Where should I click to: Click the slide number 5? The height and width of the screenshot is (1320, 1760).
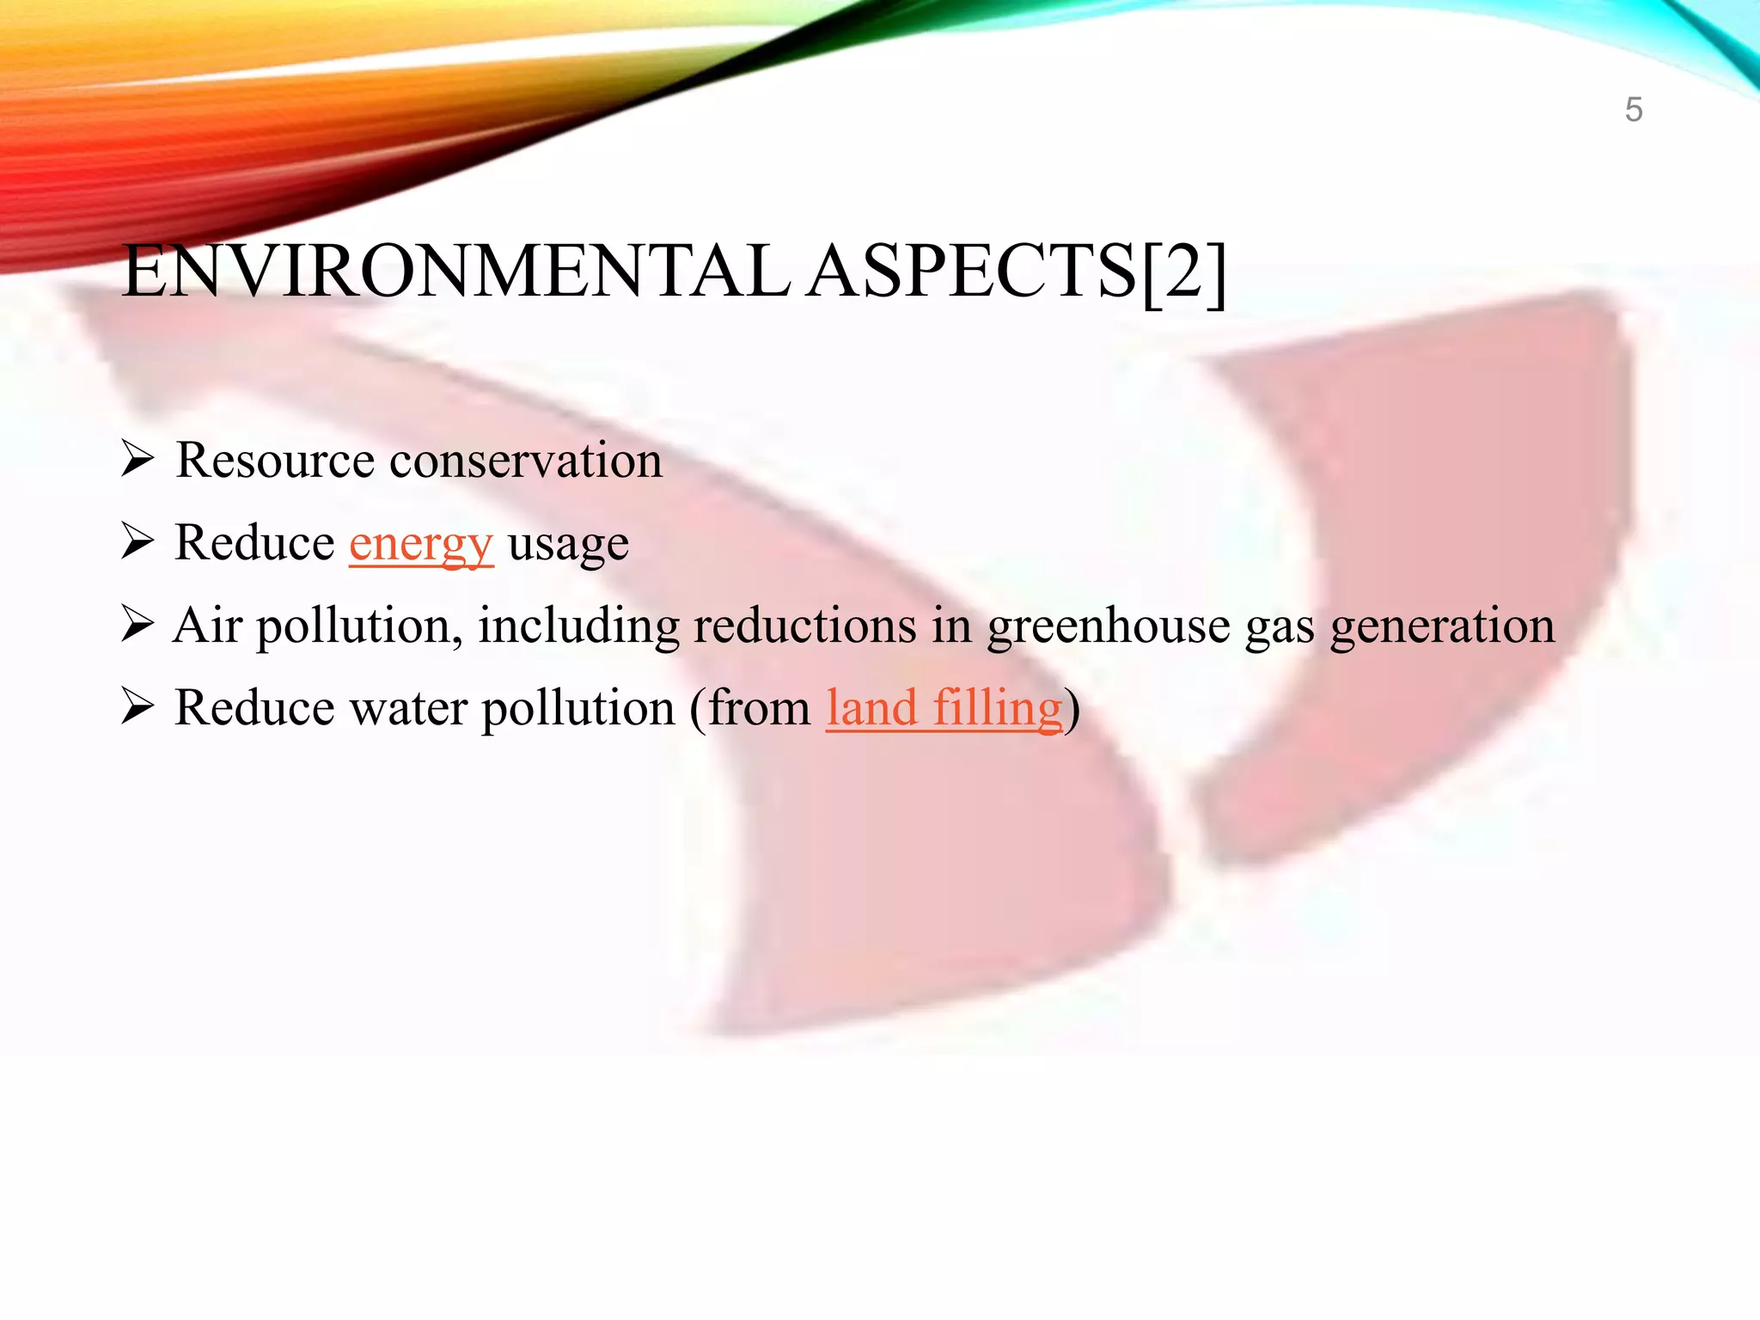coord(1634,110)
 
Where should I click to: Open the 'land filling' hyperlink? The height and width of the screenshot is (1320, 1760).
coord(944,709)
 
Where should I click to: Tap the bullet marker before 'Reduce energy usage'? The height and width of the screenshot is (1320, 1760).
coord(137,541)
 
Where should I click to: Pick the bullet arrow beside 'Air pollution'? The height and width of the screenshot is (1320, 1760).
coord(137,624)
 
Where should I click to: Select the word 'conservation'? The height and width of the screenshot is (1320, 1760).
coord(526,461)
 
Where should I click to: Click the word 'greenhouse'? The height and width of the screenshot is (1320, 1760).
coord(1109,626)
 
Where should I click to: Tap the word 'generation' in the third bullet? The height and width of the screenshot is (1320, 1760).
coord(1443,627)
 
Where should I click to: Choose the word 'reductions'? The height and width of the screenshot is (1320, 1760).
coord(805,626)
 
